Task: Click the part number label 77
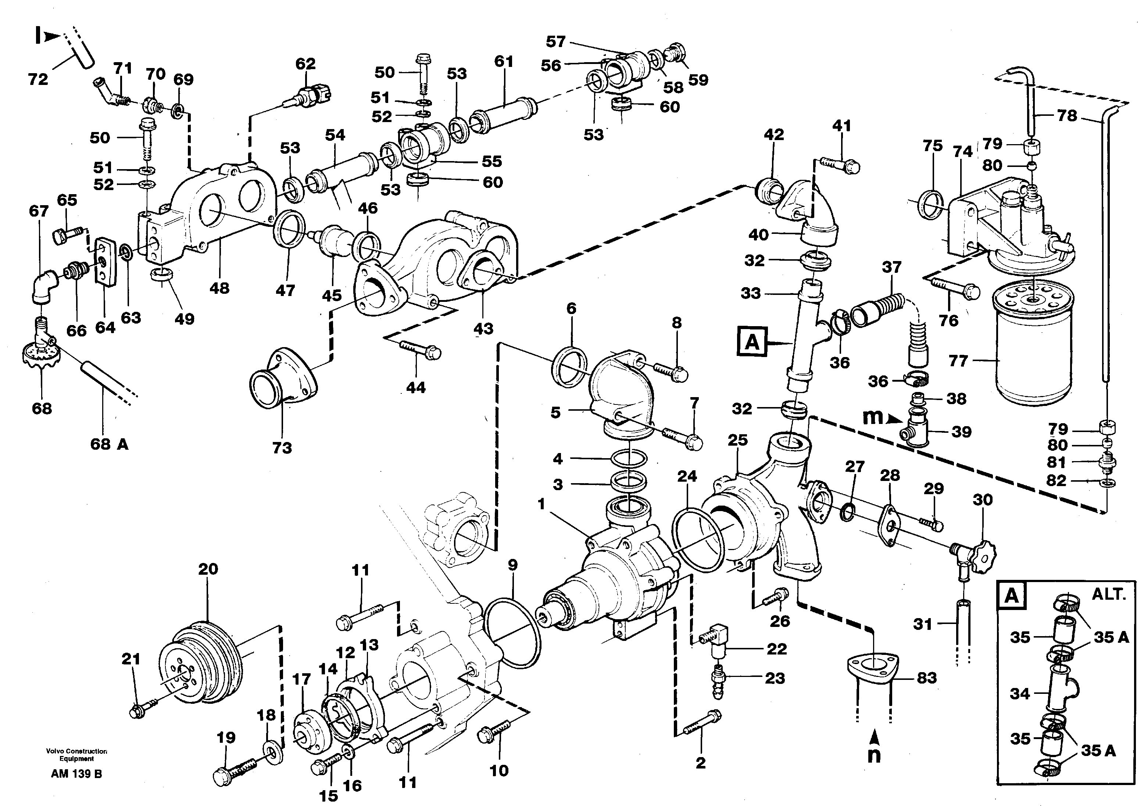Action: (958, 360)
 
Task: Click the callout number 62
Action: (305, 64)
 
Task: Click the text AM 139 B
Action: (76, 774)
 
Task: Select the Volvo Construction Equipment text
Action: (76, 755)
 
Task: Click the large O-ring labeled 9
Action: (512, 633)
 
